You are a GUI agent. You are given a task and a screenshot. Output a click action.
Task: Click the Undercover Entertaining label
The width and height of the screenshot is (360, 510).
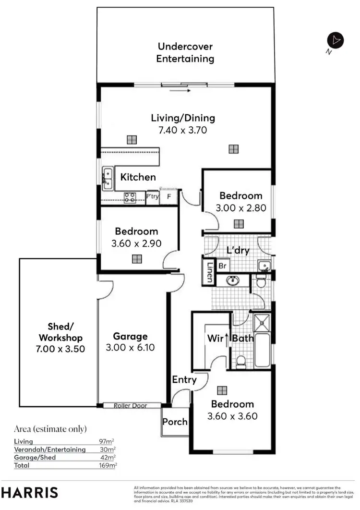coord(185,53)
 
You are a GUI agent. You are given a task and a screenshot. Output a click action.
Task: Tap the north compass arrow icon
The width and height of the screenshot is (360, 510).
coord(336,41)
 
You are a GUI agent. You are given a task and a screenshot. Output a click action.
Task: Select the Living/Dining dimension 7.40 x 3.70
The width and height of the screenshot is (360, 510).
coord(183,130)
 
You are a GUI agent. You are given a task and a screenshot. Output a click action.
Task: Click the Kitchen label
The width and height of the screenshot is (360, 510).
coord(138,177)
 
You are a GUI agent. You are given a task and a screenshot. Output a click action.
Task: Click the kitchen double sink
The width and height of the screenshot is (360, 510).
coord(107,178)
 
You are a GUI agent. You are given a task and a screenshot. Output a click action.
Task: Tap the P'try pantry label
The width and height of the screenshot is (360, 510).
coord(153,197)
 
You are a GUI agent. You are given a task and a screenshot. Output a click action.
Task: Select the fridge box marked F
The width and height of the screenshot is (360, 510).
coord(168,197)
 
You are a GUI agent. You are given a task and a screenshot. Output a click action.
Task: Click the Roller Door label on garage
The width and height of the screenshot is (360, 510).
coord(130,406)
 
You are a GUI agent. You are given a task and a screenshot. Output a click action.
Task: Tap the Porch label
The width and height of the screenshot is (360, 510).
coord(175,422)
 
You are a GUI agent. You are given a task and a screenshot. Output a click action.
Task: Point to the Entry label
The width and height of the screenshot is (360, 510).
coord(184,380)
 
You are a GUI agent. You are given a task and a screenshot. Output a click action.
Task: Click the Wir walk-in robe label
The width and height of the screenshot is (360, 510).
coord(215,339)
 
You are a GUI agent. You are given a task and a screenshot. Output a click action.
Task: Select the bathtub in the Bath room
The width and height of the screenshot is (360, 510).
coord(262,349)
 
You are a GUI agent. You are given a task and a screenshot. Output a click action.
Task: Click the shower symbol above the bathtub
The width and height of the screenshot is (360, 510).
coord(262,322)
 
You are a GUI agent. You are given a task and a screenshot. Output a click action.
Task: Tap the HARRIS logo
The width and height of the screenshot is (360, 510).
coord(29,492)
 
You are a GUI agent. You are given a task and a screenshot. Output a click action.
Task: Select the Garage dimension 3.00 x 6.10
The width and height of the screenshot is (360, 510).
coord(130,347)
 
